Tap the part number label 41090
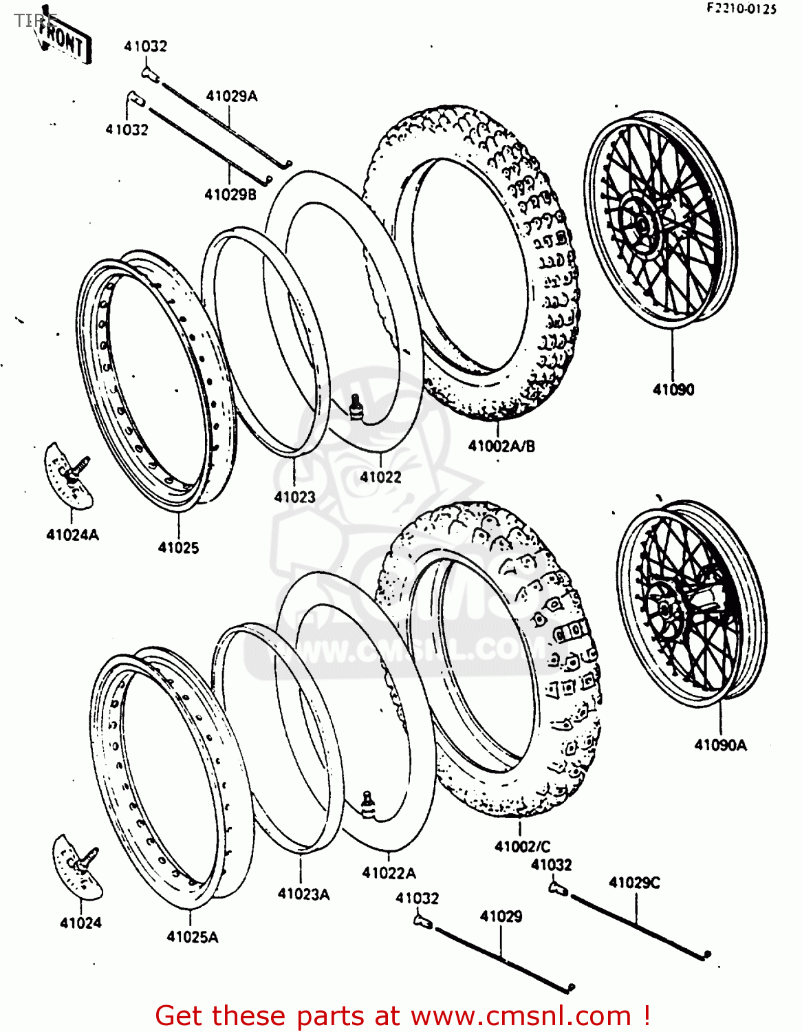coord(673,389)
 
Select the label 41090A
coord(719,744)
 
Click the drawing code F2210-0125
coord(741,9)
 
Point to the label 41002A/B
coord(501,446)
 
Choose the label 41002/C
coord(522,846)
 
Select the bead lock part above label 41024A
coord(68,475)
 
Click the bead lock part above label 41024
coord(78,866)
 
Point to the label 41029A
coord(231,96)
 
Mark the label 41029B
coord(230,195)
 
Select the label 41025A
coord(192,936)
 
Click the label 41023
coord(294,497)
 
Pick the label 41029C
coord(633,883)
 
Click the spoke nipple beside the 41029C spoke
coord(557,888)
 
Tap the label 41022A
coord(389,873)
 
